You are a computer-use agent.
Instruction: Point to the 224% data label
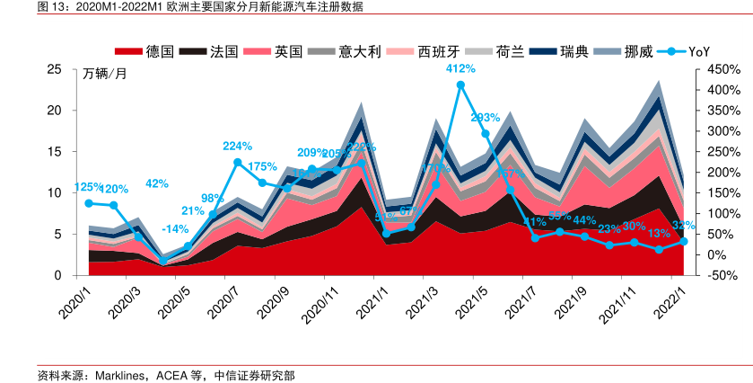(x=238, y=147)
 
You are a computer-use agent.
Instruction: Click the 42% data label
(x=157, y=183)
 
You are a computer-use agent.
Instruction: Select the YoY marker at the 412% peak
(x=460, y=85)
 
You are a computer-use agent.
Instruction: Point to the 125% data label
(x=87, y=188)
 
